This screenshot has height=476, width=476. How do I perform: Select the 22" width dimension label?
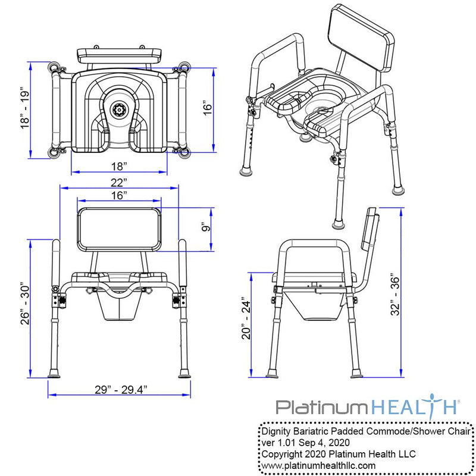118,181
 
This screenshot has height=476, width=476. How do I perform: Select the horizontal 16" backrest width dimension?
118,195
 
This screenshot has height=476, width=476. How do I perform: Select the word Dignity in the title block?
277,431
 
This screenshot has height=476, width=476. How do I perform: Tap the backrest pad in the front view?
119,229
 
